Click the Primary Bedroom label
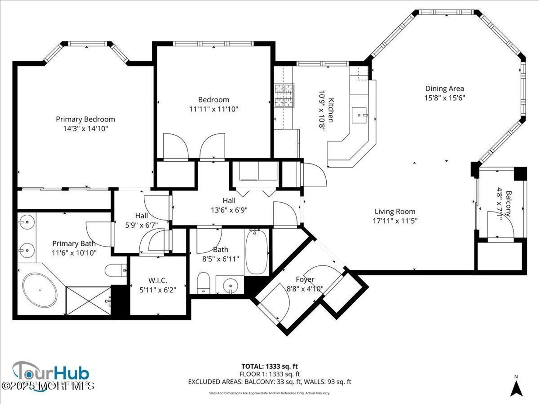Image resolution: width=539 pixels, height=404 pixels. point(85,119)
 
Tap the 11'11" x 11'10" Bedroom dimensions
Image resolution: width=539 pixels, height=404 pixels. point(214,109)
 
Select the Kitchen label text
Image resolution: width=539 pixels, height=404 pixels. point(331,110)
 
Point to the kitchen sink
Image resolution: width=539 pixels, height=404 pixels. point(359,115)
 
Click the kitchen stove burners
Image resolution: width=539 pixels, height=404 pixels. point(284,96)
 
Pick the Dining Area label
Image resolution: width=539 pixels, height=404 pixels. point(444,89)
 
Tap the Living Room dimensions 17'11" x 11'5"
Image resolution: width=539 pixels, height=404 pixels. point(395,221)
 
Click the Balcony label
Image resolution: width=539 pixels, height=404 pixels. point(508,203)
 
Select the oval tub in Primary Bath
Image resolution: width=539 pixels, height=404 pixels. point(40,290)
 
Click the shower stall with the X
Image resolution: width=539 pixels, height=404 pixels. point(88,301)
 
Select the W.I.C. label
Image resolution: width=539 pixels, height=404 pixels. point(158,281)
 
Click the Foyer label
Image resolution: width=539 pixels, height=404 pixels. point(305,280)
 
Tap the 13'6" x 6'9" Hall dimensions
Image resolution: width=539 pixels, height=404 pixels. point(229,210)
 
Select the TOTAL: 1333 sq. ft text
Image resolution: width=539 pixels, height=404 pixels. point(269,366)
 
